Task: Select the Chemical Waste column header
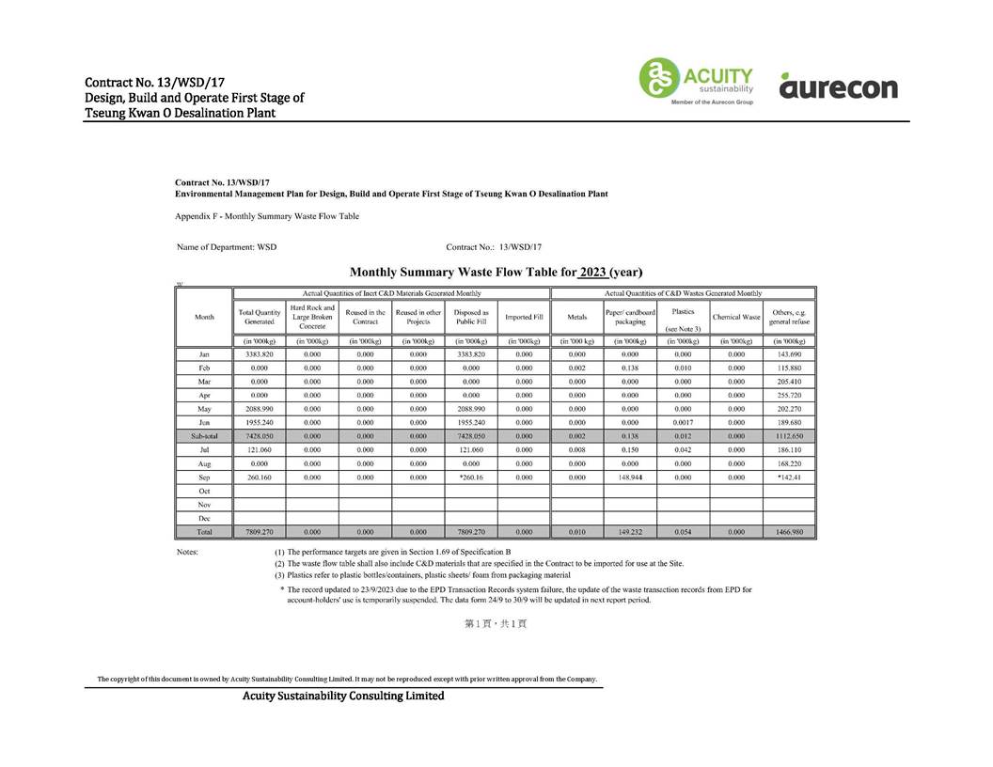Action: (735, 318)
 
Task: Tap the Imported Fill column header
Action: (524, 318)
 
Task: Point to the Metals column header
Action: (576, 318)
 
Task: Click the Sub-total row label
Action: (204, 437)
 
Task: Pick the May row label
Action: (204, 409)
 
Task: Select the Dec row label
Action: (204, 518)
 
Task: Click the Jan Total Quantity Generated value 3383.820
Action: (259, 354)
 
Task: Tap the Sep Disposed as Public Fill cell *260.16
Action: (470, 477)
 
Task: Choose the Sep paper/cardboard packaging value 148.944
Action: (630, 477)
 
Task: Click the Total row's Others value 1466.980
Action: (788, 532)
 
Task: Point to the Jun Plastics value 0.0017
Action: (683, 423)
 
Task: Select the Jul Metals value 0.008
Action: (576, 450)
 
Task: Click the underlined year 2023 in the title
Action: (592, 273)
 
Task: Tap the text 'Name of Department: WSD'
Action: (227, 247)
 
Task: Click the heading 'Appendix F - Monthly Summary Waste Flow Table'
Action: (267, 216)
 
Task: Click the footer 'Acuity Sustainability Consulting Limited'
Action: (343, 696)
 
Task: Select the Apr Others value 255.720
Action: (788, 396)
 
